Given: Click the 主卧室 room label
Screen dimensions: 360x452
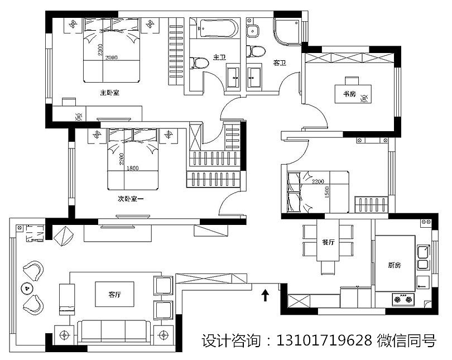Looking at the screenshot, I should click(x=109, y=92).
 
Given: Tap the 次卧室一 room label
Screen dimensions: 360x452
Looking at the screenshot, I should click(x=130, y=198).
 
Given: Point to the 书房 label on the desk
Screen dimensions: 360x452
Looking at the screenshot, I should click(x=349, y=94).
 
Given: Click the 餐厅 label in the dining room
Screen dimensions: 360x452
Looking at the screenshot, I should click(x=328, y=243).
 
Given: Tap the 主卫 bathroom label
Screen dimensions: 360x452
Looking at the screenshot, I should click(x=218, y=57).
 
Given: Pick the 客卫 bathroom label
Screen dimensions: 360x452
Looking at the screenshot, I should click(x=279, y=64).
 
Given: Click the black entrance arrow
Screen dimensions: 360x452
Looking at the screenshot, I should click(x=265, y=294).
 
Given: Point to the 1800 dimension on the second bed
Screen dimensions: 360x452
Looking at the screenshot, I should click(x=133, y=169).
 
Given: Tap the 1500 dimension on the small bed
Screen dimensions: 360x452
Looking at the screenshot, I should click(x=326, y=193).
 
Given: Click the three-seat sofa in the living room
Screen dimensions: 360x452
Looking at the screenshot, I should click(x=114, y=331).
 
